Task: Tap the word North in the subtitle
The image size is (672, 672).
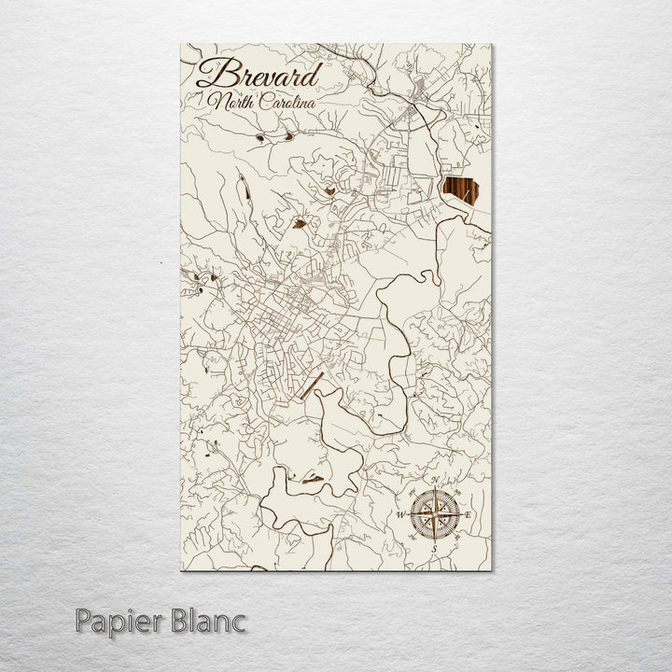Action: click(x=230, y=101)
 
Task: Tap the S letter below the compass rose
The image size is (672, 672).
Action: click(x=433, y=549)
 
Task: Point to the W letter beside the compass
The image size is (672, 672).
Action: click(x=399, y=514)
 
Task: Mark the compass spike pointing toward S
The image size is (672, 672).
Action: click(x=434, y=536)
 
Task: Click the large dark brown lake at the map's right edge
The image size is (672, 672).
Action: click(x=457, y=194)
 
